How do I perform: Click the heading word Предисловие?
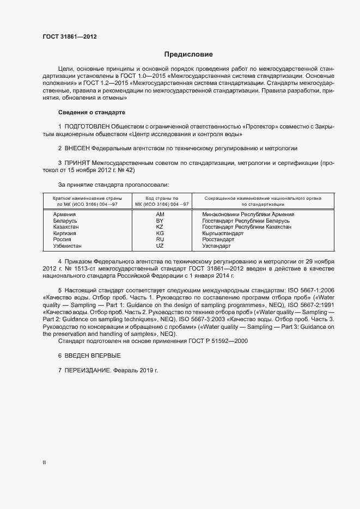(x=188, y=54)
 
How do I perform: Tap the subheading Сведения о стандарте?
(x=91, y=112)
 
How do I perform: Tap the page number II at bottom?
(x=44, y=463)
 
